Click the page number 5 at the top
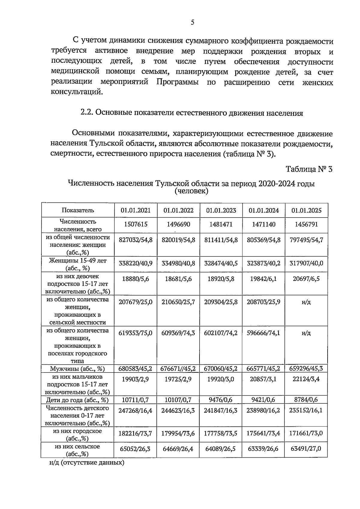(x=192, y=22)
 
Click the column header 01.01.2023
(x=221, y=210)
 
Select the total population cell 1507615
(x=136, y=224)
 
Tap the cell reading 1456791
(x=306, y=224)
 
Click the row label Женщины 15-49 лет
(x=78, y=261)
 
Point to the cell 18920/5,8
(x=221, y=279)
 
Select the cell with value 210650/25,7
(x=178, y=302)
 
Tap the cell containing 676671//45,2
(x=178, y=369)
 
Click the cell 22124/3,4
(x=306, y=379)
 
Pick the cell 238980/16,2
(x=263, y=410)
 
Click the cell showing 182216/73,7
(x=136, y=433)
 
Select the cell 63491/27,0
(x=306, y=449)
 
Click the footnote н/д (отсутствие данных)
(x=87, y=462)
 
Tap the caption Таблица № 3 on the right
(x=309, y=169)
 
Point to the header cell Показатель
(x=78, y=210)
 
